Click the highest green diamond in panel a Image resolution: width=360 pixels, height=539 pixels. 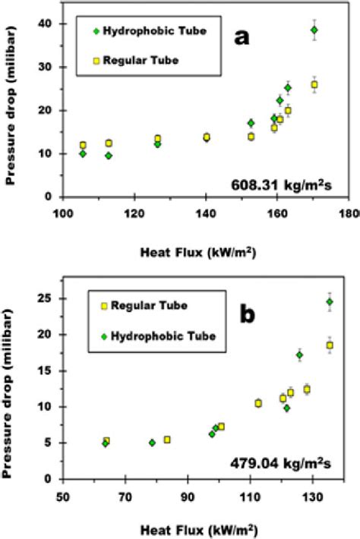[x=314, y=30]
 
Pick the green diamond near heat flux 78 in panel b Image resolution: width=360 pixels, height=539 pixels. [x=152, y=443]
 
